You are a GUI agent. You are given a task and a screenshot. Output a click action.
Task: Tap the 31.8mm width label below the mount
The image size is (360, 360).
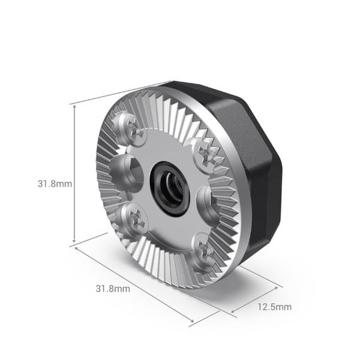113,288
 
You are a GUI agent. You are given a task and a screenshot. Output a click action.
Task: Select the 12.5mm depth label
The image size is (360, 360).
274,307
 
